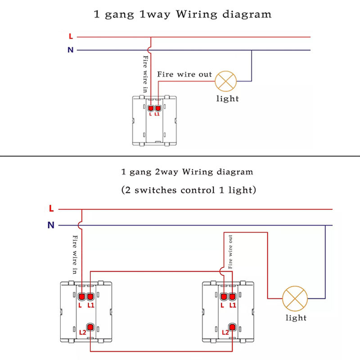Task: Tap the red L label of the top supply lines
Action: pos(71,36)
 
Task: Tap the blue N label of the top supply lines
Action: pos(70,50)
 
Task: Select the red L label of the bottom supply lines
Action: pos(51,209)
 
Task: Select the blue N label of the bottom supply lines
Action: pos(51,225)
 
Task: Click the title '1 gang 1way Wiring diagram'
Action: pos(182,14)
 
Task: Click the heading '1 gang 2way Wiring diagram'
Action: pos(187,172)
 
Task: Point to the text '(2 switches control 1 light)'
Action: pos(189,190)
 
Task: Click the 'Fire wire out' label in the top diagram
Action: pos(184,74)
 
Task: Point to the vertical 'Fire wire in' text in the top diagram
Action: pos(145,75)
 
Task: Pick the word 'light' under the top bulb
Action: pos(227,99)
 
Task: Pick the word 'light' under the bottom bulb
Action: pos(296,318)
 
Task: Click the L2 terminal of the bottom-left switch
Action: pos(90,327)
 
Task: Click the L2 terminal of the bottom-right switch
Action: pos(232,327)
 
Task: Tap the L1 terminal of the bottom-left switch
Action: pos(90,297)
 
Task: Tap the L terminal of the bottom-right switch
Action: pos(224,297)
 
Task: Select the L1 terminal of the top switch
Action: pos(157,108)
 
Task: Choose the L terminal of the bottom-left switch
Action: pos(82,297)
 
